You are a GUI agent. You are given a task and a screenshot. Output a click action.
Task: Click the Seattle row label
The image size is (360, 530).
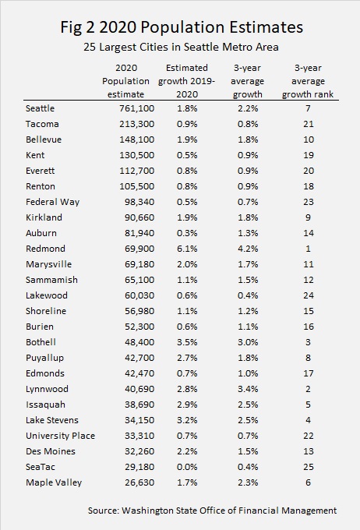(40, 108)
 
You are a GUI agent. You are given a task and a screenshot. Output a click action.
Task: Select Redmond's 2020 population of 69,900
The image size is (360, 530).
(139, 249)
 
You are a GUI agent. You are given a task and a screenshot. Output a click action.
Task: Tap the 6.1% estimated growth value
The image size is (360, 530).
(187, 249)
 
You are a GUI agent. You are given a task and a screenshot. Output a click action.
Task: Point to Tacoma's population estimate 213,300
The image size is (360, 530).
(136, 124)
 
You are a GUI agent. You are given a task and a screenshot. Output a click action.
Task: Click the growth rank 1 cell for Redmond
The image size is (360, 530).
(308, 249)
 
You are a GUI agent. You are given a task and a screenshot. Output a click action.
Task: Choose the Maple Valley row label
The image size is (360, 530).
(54, 482)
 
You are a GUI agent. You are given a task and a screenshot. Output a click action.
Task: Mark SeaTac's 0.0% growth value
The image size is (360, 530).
(187, 467)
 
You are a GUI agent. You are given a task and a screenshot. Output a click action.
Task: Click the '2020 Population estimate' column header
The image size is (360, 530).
(125, 81)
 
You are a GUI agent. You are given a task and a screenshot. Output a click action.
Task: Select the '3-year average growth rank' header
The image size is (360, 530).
(308, 81)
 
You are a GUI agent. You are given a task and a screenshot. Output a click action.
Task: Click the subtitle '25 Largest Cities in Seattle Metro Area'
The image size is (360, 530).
(182, 47)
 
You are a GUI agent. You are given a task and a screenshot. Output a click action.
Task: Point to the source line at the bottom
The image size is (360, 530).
(212, 511)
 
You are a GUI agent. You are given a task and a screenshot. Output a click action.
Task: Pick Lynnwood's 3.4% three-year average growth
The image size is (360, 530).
(248, 389)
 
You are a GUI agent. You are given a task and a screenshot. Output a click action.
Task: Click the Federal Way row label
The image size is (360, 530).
(52, 202)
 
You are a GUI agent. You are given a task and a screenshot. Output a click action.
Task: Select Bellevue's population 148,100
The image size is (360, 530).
(136, 140)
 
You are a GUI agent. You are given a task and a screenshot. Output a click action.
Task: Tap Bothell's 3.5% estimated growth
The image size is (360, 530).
(187, 342)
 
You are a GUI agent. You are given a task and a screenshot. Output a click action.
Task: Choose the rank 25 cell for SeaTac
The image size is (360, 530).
(309, 467)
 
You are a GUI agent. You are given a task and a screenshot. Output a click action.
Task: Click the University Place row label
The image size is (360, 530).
(60, 436)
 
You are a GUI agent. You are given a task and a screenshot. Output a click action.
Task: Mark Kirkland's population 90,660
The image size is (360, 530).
(139, 217)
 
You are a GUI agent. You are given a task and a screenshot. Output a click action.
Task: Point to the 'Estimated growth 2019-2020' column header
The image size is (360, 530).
(186, 81)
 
